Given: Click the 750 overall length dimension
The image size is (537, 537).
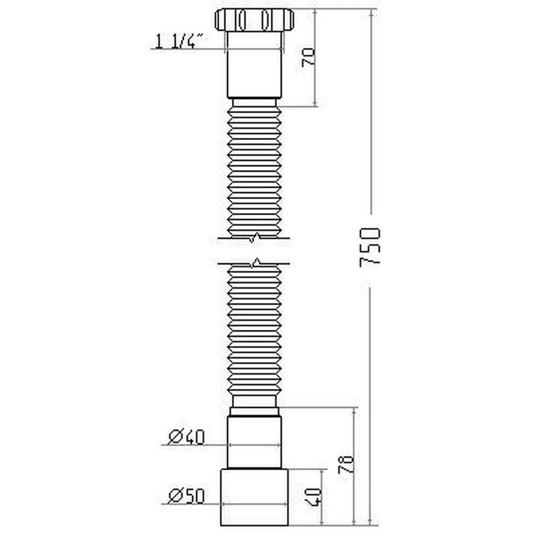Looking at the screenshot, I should (x=371, y=247).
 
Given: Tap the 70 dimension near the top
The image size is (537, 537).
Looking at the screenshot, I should (x=308, y=56).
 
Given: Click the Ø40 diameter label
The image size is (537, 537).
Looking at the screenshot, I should (x=186, y=437).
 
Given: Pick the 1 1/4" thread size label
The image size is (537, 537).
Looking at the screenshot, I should (x=179, y=41).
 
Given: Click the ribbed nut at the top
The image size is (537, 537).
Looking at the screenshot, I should (x=254, y=20).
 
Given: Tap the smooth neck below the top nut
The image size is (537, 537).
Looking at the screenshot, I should (x=254, y=64).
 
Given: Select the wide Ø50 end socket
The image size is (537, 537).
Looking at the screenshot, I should (x=254, y=497).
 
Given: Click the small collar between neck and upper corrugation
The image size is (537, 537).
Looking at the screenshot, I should (x=254, y=102).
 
